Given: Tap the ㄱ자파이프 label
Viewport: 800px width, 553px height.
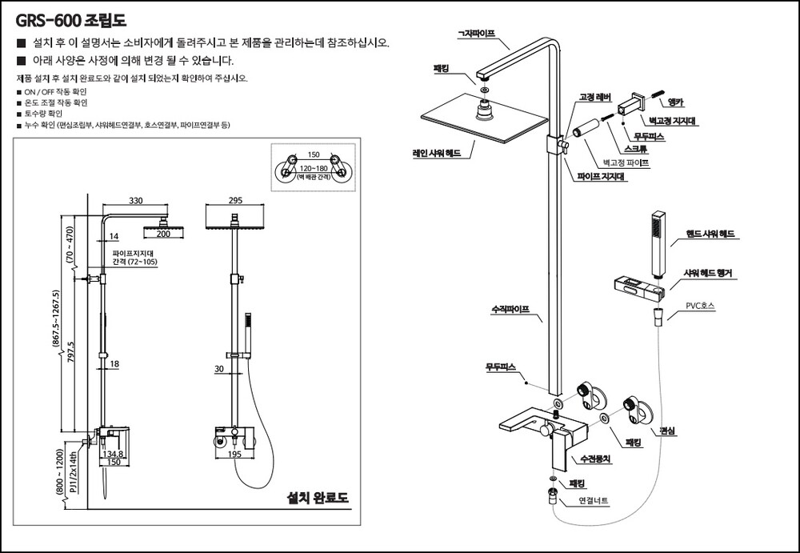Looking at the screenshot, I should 477,34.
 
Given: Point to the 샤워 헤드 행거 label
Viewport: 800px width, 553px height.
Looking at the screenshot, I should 707,274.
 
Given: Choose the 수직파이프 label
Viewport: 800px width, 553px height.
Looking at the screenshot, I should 510,308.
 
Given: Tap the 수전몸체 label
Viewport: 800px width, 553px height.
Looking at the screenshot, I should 595,459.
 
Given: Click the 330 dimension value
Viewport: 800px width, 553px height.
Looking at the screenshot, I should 136,200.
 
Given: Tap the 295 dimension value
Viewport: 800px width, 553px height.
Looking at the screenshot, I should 235,200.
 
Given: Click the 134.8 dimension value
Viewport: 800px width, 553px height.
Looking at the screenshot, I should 114,453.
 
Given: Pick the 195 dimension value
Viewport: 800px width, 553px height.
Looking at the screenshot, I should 235,454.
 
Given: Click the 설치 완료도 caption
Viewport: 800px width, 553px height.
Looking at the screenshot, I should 318,499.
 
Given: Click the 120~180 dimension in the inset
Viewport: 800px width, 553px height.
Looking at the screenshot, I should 313,169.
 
